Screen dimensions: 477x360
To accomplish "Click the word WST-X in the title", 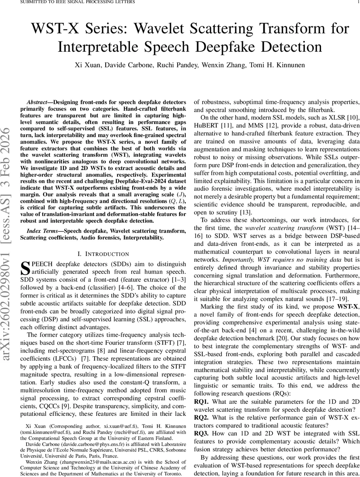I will (x=58, y=29).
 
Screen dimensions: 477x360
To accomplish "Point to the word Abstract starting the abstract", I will (x=37, y=102).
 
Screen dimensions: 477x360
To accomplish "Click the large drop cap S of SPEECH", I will (x=25, y=268).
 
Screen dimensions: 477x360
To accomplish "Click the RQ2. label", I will (x=201, y=417).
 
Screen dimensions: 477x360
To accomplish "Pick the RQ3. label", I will (x=201, y=433).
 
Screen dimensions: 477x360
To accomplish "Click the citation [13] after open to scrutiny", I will (x=246, y=212).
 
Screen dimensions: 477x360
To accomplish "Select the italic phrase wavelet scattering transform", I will (x=278, y=228).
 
